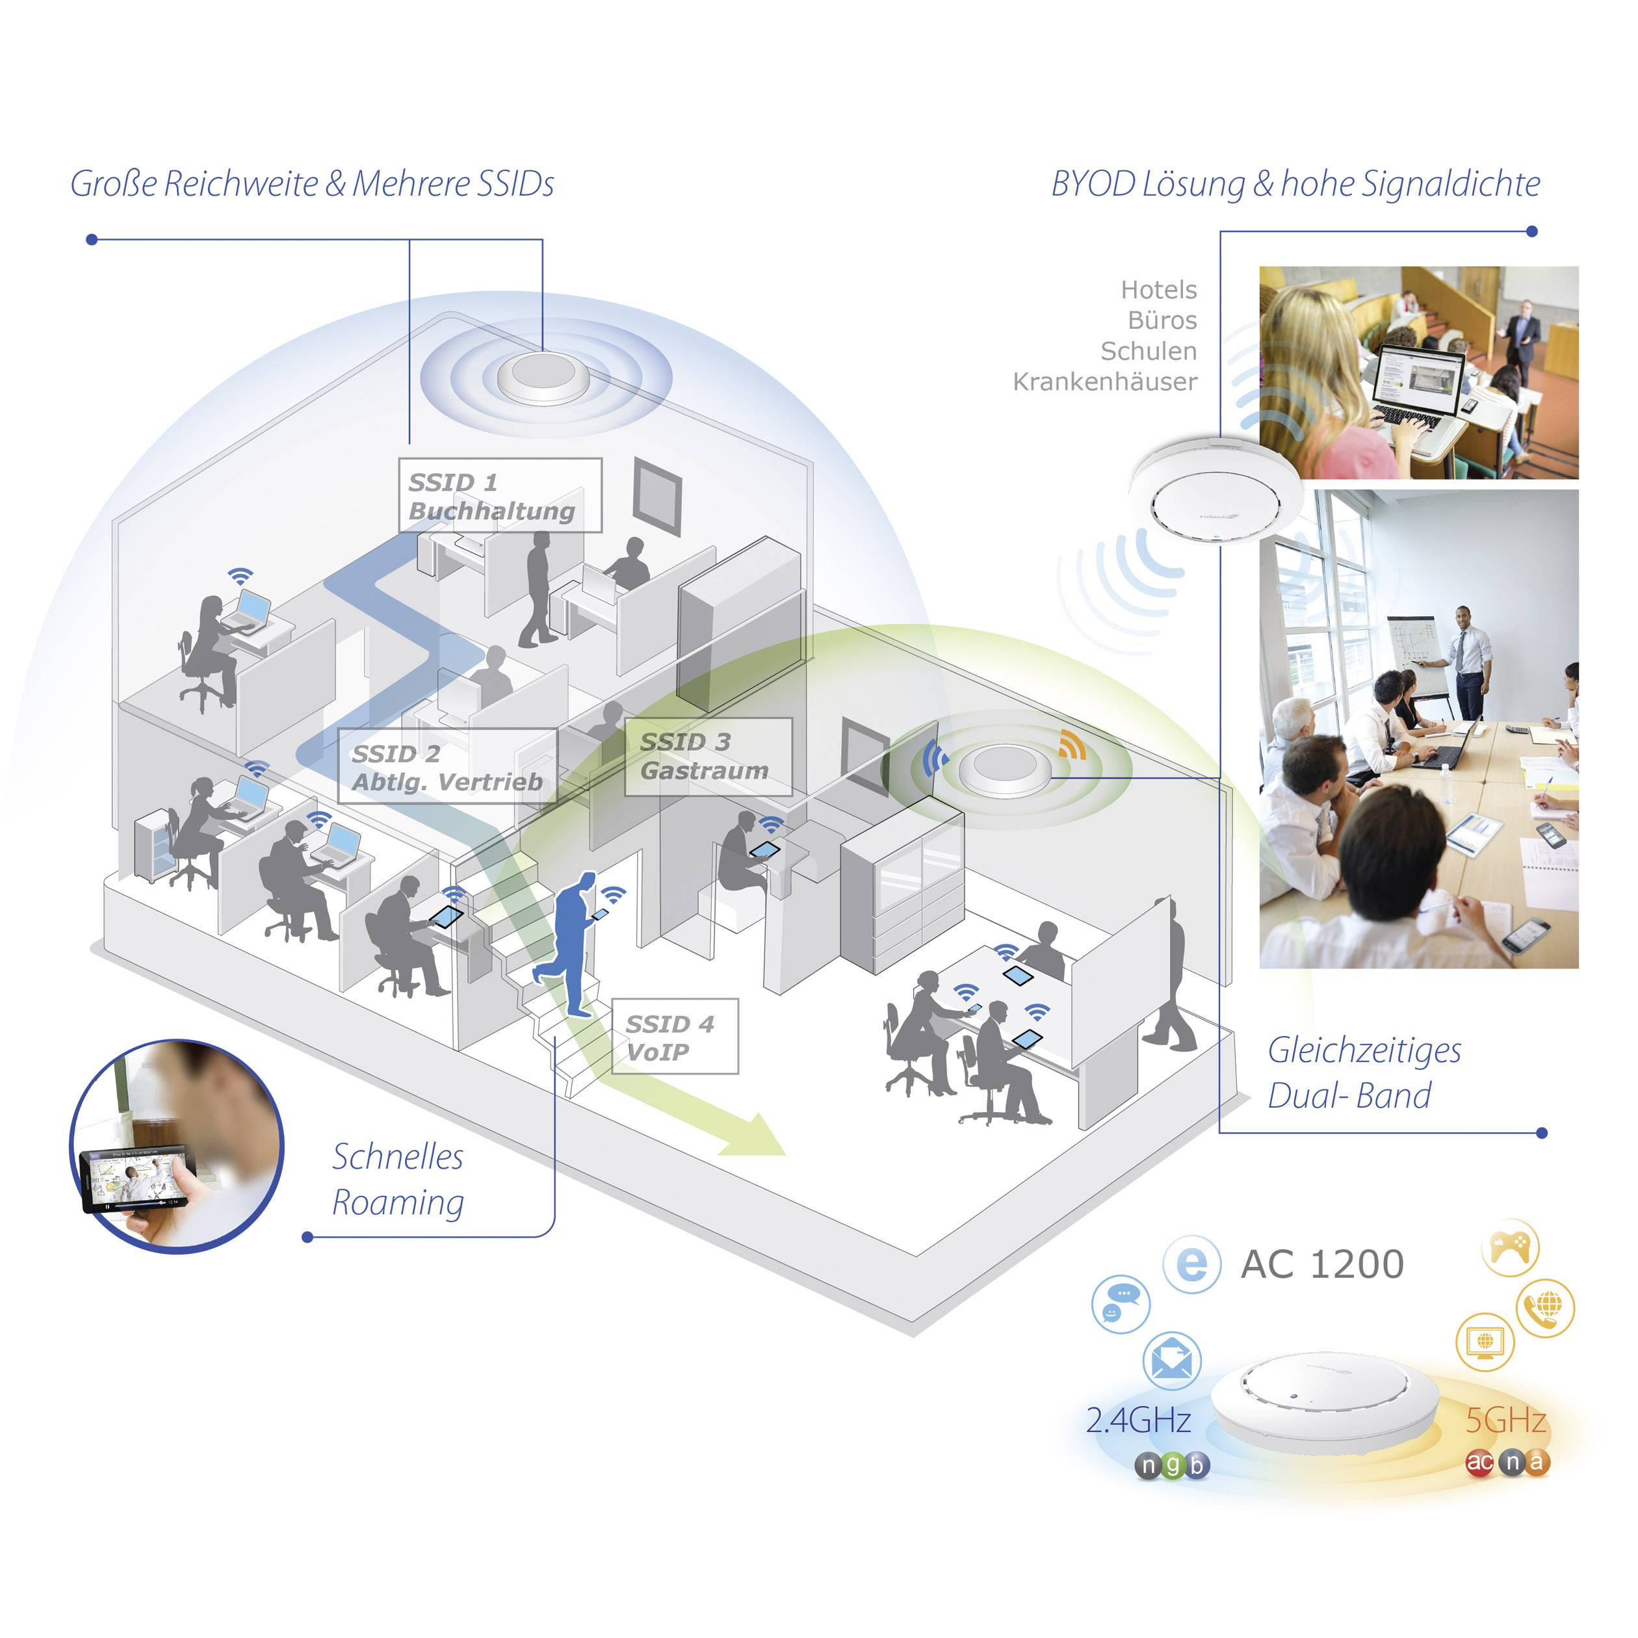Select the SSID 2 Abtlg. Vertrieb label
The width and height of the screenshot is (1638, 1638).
tap(447, 766)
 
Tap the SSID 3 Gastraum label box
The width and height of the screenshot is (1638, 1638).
tap(708, 756)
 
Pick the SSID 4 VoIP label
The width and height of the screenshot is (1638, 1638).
tap(674, 1037)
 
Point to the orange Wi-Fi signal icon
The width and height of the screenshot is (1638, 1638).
tap(1072, 744)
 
